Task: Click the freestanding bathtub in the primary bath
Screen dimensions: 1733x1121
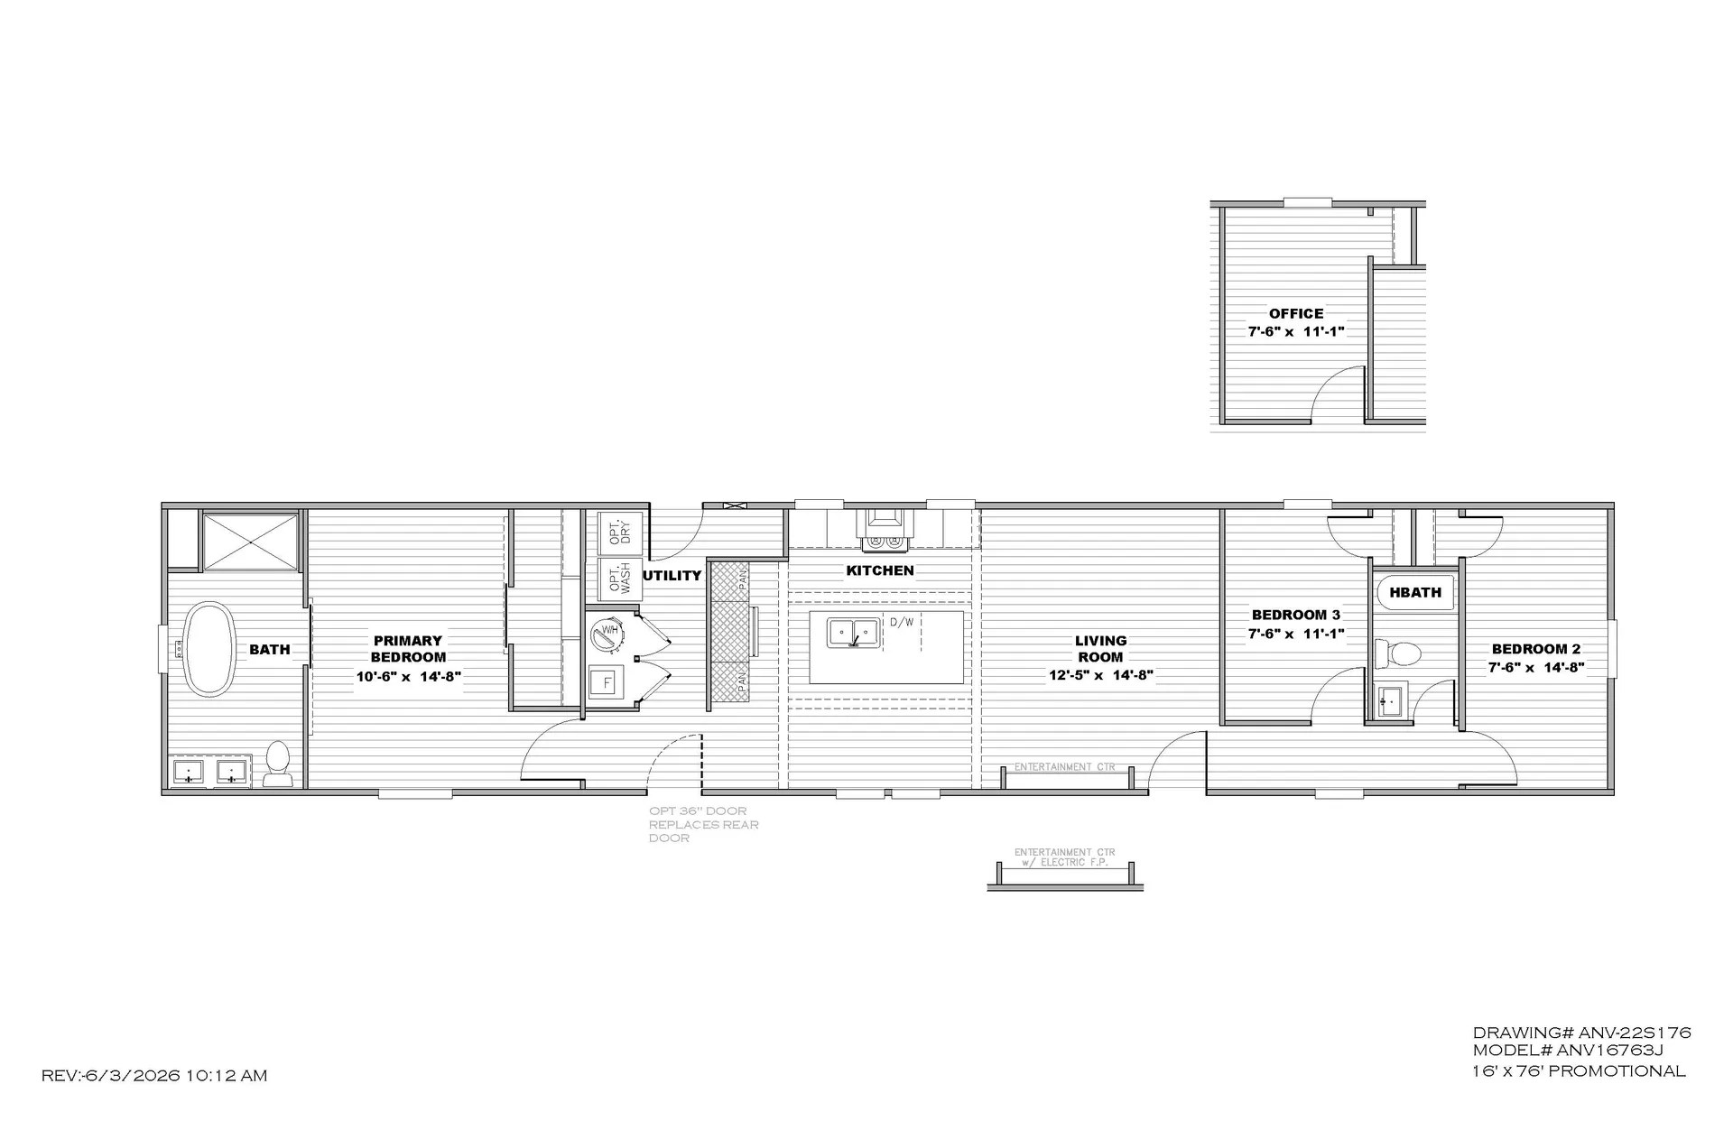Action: [x=209, y=649]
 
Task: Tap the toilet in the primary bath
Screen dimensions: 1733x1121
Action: [x=276, y=764]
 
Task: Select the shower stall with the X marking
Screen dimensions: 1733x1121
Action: [x=250, y=542]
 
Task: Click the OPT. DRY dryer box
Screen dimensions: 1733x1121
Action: [x=619, y=533]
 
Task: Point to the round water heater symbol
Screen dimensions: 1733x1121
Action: [x=607, y=633]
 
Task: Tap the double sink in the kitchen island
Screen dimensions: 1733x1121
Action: [x=853, y=633]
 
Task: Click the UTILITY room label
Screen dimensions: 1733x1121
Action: [x=672, y=575]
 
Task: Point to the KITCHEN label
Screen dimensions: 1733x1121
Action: [x=880, y=570]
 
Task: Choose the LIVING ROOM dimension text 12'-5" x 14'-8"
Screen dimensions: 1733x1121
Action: [x=1101, y=674]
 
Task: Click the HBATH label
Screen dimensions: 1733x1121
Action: [x=1415, y=592]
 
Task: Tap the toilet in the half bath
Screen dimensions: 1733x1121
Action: [x=1397, y=653]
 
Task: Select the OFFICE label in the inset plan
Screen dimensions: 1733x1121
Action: [x=1296, y=313]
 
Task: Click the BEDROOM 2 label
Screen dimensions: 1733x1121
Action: [x=1536, y=649]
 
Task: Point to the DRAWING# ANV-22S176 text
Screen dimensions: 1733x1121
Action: [x=1581, y=1033]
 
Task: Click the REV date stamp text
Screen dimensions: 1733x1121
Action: [x=154, y=1075]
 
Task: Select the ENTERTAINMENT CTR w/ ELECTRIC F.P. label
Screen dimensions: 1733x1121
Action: [x=1065, y=857]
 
